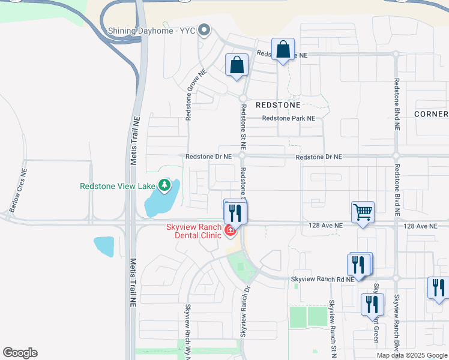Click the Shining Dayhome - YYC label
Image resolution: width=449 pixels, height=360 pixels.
point(152,30)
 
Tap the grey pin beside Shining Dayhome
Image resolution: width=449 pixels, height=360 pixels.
point(204,29)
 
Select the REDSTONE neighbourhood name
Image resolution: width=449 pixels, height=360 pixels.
point(277,104)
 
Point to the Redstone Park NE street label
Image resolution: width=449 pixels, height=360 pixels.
point(288,119)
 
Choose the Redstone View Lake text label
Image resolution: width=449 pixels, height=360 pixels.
point(118,186)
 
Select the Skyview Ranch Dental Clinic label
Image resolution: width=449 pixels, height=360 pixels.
point(194,232)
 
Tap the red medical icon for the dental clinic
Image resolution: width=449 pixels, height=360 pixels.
point(229,230)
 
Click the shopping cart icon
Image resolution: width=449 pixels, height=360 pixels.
point(363,212)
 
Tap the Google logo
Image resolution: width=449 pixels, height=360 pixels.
point(20,353)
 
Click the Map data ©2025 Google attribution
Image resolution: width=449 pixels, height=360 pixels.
point(412,355)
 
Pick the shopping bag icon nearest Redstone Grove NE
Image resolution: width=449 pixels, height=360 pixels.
point(237,64)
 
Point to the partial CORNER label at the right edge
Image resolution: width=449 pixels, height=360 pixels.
point(431,114)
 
